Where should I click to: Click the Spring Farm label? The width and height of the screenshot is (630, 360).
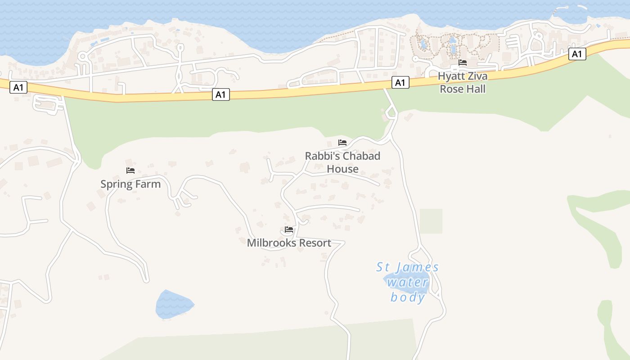pyautogui.click(x=130, y=184)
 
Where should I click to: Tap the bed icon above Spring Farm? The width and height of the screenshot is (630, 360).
pyautogui.click(x=130, y=171)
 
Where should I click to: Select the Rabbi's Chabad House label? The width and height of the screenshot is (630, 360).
pyautogui.click(x=342, y=162)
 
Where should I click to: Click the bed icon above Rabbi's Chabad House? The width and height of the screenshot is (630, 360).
pyautogui.click(x=342, y=143)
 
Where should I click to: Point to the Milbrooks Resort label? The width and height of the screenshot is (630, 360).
pyautogui.click(x=289, y=243)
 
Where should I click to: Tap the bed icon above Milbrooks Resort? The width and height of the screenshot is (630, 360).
pyautogui.click(x=289, y=229)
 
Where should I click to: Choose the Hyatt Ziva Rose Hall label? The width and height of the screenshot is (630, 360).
pyautogui.click(x=463, y=82)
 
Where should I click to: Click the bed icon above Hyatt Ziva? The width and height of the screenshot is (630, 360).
pyautogui.click(x=463, y=63)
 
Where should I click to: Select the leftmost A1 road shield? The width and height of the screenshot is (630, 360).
pyautogui.click(x=18, y=87)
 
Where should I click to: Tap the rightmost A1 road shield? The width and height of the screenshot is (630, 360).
pyautogui.click(x=577, y=54)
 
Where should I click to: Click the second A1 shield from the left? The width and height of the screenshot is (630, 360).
pyautogui.click(x=221, y=94)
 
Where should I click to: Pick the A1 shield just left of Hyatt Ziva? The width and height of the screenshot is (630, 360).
pyautogui.click(x=400, y=82)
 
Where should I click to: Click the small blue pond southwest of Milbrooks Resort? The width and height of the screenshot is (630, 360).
pyautogui.click(x=173, y=305)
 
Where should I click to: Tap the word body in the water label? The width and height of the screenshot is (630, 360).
pyautogui.click(x=408, y=297)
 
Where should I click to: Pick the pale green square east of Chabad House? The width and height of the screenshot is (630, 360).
pyautogui.click(x=431, y=221)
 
